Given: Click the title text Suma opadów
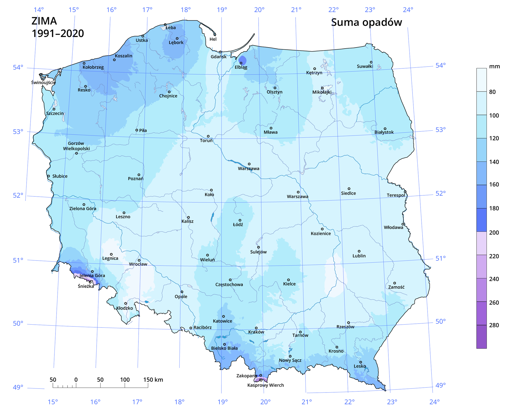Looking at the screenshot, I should pos(366,23).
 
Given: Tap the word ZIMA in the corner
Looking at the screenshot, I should pos(44,21).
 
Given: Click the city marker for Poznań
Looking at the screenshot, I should pos(139,175).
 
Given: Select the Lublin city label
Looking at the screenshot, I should pos(359,256).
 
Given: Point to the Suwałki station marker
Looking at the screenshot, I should pos(371,62).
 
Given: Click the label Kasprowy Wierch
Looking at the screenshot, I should pos(265,385).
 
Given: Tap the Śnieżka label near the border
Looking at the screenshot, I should pos(86,286).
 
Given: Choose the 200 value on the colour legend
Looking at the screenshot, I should pos(494,233).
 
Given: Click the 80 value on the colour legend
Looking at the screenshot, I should pos(492,92).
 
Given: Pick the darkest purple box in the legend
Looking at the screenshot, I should pos(481,337).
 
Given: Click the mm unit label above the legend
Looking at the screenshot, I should pos(494,67).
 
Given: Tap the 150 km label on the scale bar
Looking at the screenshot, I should pos(153,380).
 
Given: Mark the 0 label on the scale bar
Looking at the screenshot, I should pos(76,380).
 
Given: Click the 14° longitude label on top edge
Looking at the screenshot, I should pos(39,10).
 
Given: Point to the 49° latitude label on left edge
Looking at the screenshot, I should pos(18,387).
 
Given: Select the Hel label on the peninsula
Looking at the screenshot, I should pos(213,39).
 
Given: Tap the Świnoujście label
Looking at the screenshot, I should pos(43,82).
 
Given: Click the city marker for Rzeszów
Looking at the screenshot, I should pos(348,323).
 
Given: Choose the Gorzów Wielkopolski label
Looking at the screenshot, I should pos(76,146).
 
